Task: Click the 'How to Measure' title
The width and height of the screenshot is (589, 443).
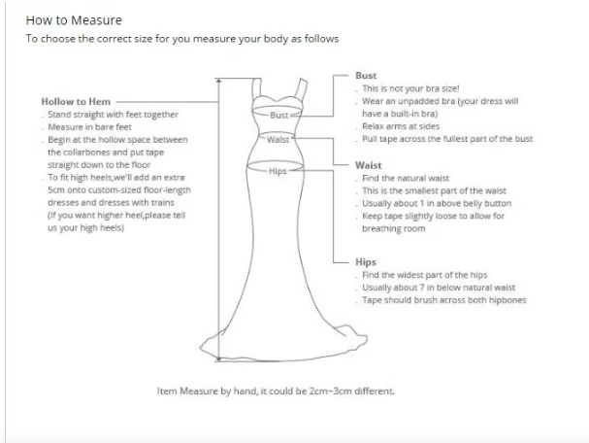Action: pyautogui.click(x=74, y=20)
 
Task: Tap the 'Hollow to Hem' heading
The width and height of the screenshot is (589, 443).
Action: pyautogui.click(x=76, y=102)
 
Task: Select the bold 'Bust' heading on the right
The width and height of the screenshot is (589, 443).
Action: pyautogui.click(x=366, y=76)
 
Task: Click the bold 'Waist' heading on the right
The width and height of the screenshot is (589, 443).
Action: pyautogui.click(x=368, y=165)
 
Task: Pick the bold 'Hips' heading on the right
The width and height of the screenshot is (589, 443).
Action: pyautogui.click(x=366, y=262)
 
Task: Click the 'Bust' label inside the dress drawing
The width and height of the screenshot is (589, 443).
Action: pyautogui.click(x=279, y=115)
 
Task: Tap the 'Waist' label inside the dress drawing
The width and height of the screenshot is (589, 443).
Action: pyautogui.click(x=278, y=140)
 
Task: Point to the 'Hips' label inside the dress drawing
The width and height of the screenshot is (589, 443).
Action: pyautogui.click(x=278, y=171)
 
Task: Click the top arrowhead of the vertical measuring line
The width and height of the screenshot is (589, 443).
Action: pyautogui.click(x=219, y=81)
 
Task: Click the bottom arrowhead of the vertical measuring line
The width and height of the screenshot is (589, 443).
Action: pyautogui.click(x=219, y=358)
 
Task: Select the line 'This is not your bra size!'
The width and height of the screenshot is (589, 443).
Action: pyautogui.click(x=410, y=88)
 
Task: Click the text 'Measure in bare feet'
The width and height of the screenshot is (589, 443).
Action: pyautogui.click(x=90, y=127)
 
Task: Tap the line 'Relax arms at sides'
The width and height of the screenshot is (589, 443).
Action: pyautogui.click(x=401, y=126)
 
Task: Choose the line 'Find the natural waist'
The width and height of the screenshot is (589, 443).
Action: pyautogui.click(x=406, y=178)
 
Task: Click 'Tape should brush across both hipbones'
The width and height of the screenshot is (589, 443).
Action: pyautogui.click(x=444, y=300)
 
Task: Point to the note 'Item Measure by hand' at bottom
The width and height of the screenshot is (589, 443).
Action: pyautogui.click(x=276, y=392)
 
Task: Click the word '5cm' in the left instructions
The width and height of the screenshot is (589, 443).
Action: pyautogui.click(x=55, y=189)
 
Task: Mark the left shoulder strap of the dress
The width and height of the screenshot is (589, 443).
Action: pyautogui.click(x=257, y=88)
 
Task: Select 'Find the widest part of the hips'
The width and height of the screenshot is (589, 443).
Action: pyautogui.click(x=424, y=275)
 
